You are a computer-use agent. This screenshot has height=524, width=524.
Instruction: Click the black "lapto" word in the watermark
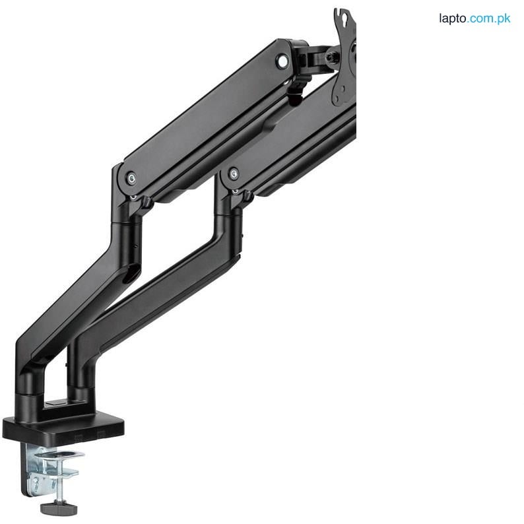(453, 18)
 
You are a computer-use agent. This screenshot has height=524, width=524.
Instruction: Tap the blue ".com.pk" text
(490, 18)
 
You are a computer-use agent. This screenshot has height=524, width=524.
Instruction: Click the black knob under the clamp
(58, 508)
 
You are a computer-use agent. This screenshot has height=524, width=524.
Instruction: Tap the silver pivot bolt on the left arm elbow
(131, 178)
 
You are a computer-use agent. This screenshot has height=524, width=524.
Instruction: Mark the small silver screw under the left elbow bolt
(133, 196)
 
